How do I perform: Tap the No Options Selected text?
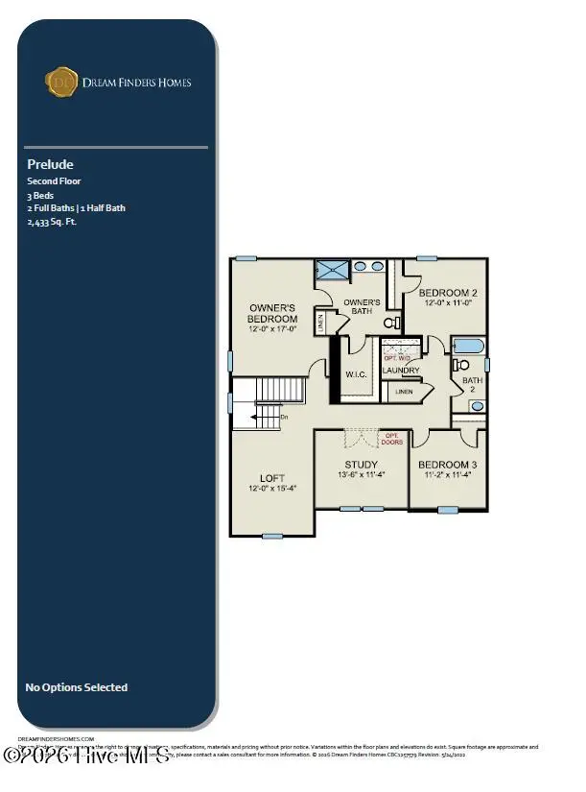tap(76, 687)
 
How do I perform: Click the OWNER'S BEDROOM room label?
tap(272, 313)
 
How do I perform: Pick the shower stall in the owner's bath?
tap(331, 269)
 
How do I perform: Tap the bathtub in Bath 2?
tap(468, 346)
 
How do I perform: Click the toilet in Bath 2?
tap(459, 364)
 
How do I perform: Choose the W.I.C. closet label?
tap(356, 374)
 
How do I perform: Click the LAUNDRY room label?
tap(401, 371)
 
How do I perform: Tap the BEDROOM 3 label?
tap(448, 466)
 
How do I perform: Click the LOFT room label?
tap(272, 478)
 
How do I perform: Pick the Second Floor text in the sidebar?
tap(54, 180)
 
